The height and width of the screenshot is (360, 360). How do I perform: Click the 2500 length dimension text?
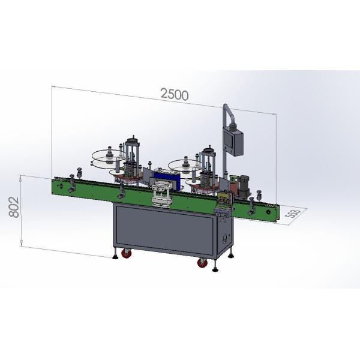tap(174, 94)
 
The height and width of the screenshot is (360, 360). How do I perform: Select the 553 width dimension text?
tap(292, 214)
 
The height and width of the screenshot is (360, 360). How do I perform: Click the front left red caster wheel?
tap(127, 254)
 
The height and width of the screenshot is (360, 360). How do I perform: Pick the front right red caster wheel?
tap(201, 262)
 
